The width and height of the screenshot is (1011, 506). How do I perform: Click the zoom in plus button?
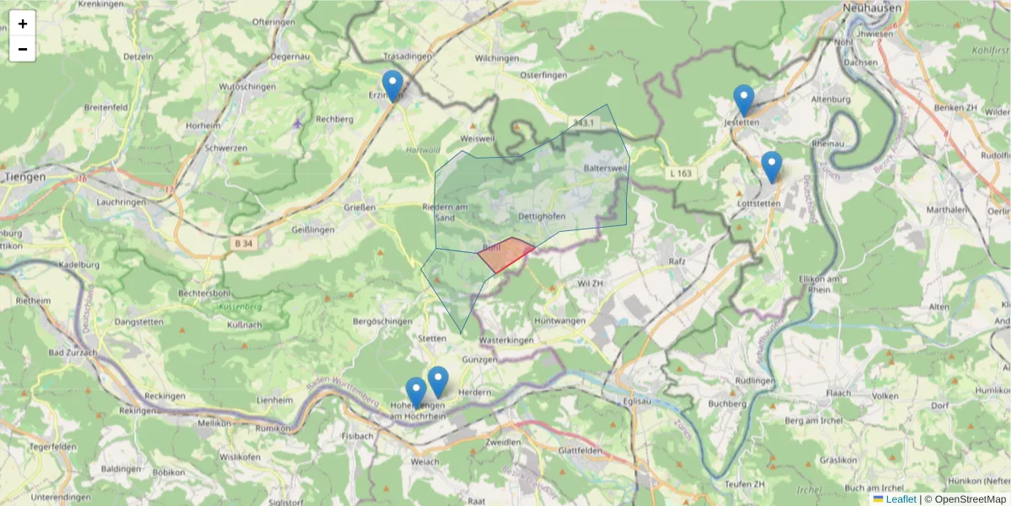(x=23, y=24)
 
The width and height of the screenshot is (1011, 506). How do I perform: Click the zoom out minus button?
(x=23, y=49)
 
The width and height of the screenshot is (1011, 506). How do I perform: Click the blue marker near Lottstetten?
(x=771, y=166)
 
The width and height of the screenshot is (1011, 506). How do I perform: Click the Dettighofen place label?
(x=542, y=217)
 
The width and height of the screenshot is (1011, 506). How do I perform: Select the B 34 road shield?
(x=242, y=243)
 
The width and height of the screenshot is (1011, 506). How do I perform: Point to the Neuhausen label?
(x=872, y=8)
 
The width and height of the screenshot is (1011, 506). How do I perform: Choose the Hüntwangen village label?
(x=560, y=320)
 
